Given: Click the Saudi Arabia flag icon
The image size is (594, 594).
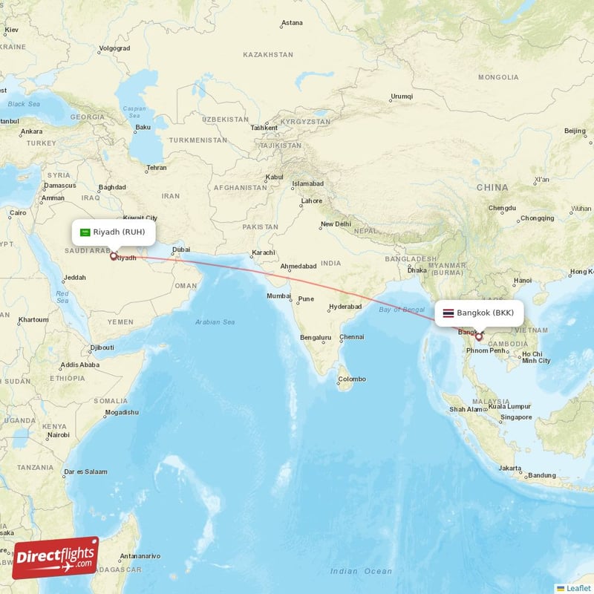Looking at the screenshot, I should coord(85,232).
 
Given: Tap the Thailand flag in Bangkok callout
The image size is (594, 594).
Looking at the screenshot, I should coord(448,313).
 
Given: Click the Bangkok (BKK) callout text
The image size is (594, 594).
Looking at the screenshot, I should coord(485,313).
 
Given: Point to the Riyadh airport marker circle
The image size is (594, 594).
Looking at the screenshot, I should coord(113,257).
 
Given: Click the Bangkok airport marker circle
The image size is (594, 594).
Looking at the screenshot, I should coord(479,337).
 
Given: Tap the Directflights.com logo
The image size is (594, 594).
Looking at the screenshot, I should coord(56,558).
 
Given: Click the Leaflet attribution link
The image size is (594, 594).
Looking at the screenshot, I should coord(578,588).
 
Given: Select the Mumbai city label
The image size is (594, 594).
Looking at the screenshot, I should coord(279,296).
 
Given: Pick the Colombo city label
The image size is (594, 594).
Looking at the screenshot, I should coord(352,379).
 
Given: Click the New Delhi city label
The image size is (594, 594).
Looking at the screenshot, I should coord(335,224).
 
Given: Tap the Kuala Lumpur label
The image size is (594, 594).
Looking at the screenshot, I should coord(509,406).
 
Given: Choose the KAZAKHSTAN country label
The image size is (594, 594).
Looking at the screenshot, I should coord(268,55).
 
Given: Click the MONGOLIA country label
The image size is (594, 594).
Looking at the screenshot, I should coord(498,77).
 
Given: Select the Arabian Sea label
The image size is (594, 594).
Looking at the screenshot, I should coord(215,322).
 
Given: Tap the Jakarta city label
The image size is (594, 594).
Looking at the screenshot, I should coord(510,468).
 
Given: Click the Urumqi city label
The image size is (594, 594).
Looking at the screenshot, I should coord(401,97).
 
